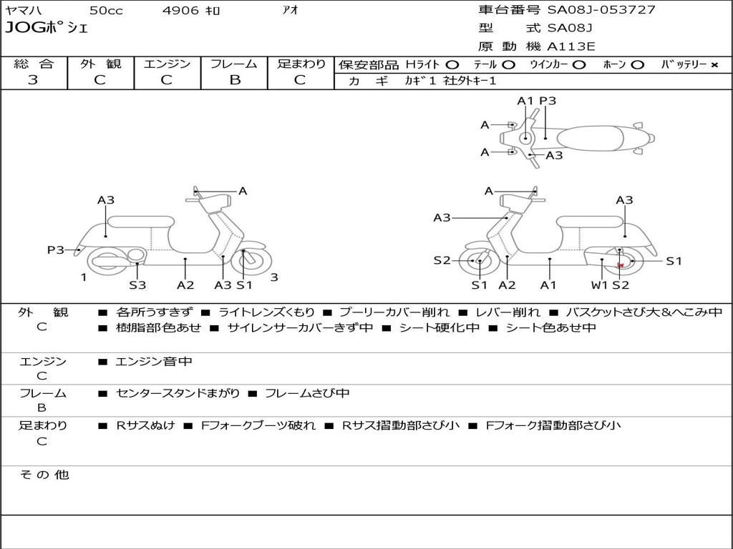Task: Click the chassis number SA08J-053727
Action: point(601,10)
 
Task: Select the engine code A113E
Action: point(571,47)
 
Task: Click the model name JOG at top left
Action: point(24,29)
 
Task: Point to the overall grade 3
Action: point(33,80)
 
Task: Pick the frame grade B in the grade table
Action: point(234,80)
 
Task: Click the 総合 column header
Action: point(34,64)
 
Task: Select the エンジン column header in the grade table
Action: point(167,64)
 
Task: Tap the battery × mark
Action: point(714,64)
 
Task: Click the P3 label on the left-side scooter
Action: point(56,249)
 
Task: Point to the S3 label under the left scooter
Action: point(137,285)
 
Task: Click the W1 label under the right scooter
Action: point(599,285)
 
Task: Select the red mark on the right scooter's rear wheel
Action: point(621,265)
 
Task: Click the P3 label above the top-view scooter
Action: point(548,101)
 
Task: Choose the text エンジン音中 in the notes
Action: point(154,362)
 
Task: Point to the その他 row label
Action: point(44,475)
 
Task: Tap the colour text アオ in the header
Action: point(290,11)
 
